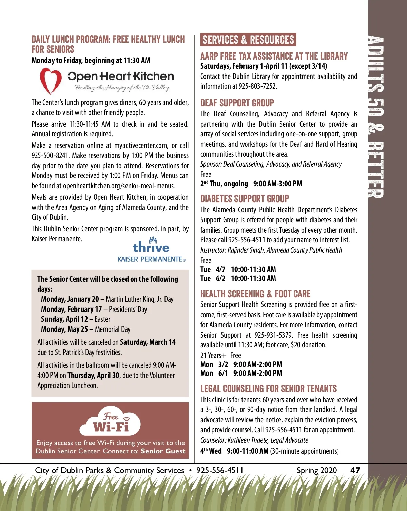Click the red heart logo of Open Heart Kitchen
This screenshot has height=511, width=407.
pos(51,81)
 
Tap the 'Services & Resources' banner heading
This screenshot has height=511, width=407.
pos(248,40)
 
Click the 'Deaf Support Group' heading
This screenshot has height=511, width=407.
pos(237,103)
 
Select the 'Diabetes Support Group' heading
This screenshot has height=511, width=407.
pos(245,199)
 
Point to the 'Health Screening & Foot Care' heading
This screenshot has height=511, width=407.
pos(255,294)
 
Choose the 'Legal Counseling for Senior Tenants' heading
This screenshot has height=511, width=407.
pos(269,388)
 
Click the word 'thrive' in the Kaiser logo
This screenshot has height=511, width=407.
pos(151,247)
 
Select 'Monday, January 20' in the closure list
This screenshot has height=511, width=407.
pos(70,299)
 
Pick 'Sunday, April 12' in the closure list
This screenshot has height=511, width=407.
pos(64,319)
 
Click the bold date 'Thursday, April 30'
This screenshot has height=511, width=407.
pos(93,376)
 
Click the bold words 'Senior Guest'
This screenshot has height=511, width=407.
pos(163,451)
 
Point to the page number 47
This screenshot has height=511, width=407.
pos(355,470)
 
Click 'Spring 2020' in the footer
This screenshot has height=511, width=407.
pos(316,470)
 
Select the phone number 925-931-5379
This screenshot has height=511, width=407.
pos(273,335)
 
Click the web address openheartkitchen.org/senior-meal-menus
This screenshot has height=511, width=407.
pos(119,186)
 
